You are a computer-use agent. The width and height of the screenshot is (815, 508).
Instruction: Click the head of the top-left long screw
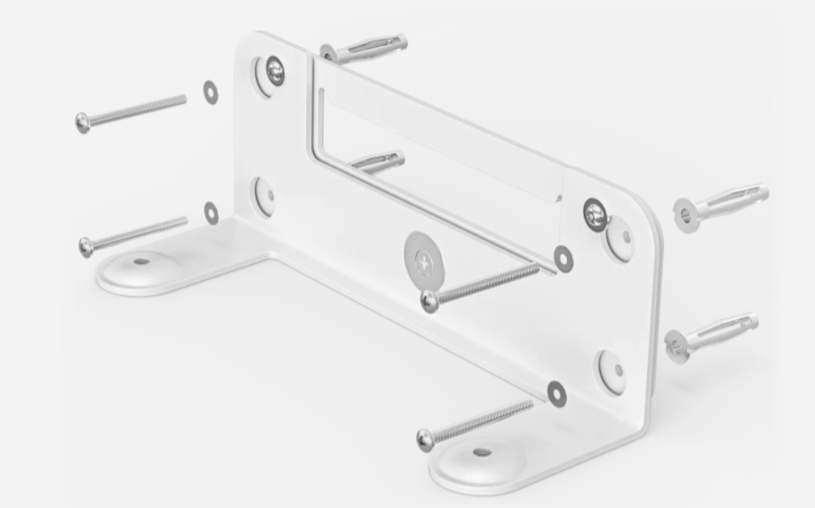click(x=83, y=122)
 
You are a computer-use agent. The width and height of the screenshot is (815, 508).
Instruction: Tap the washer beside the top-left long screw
click(x=209, y=92)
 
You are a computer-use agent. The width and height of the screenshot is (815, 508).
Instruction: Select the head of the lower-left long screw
click(x=86, y=246)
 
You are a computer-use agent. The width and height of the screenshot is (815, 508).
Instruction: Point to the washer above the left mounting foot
click(x=211, y=213)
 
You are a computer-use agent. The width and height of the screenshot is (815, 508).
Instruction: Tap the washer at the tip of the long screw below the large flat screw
click(x=564, y=260)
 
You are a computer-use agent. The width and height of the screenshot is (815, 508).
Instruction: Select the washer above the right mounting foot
click(x=556, y=392)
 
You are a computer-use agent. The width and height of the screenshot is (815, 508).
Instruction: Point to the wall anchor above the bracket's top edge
click(x=363, y=49)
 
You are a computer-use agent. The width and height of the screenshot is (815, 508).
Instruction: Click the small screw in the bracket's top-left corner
click(x=273, y=72)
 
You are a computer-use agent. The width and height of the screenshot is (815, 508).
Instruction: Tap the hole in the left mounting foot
click(x=140, y=261)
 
